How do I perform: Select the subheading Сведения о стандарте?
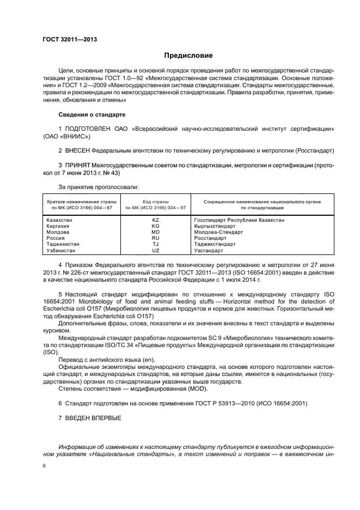[91, 116]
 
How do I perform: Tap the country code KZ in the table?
[155, 220]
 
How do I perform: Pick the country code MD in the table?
[155, 232]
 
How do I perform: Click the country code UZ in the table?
[155, 251]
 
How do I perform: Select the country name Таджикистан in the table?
[64, 245]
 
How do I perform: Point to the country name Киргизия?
[59, 226]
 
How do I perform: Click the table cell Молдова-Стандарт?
[218, 232]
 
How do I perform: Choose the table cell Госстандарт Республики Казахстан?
[239, 220]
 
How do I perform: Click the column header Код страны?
[155, 202]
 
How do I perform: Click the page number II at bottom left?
[45, 466]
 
